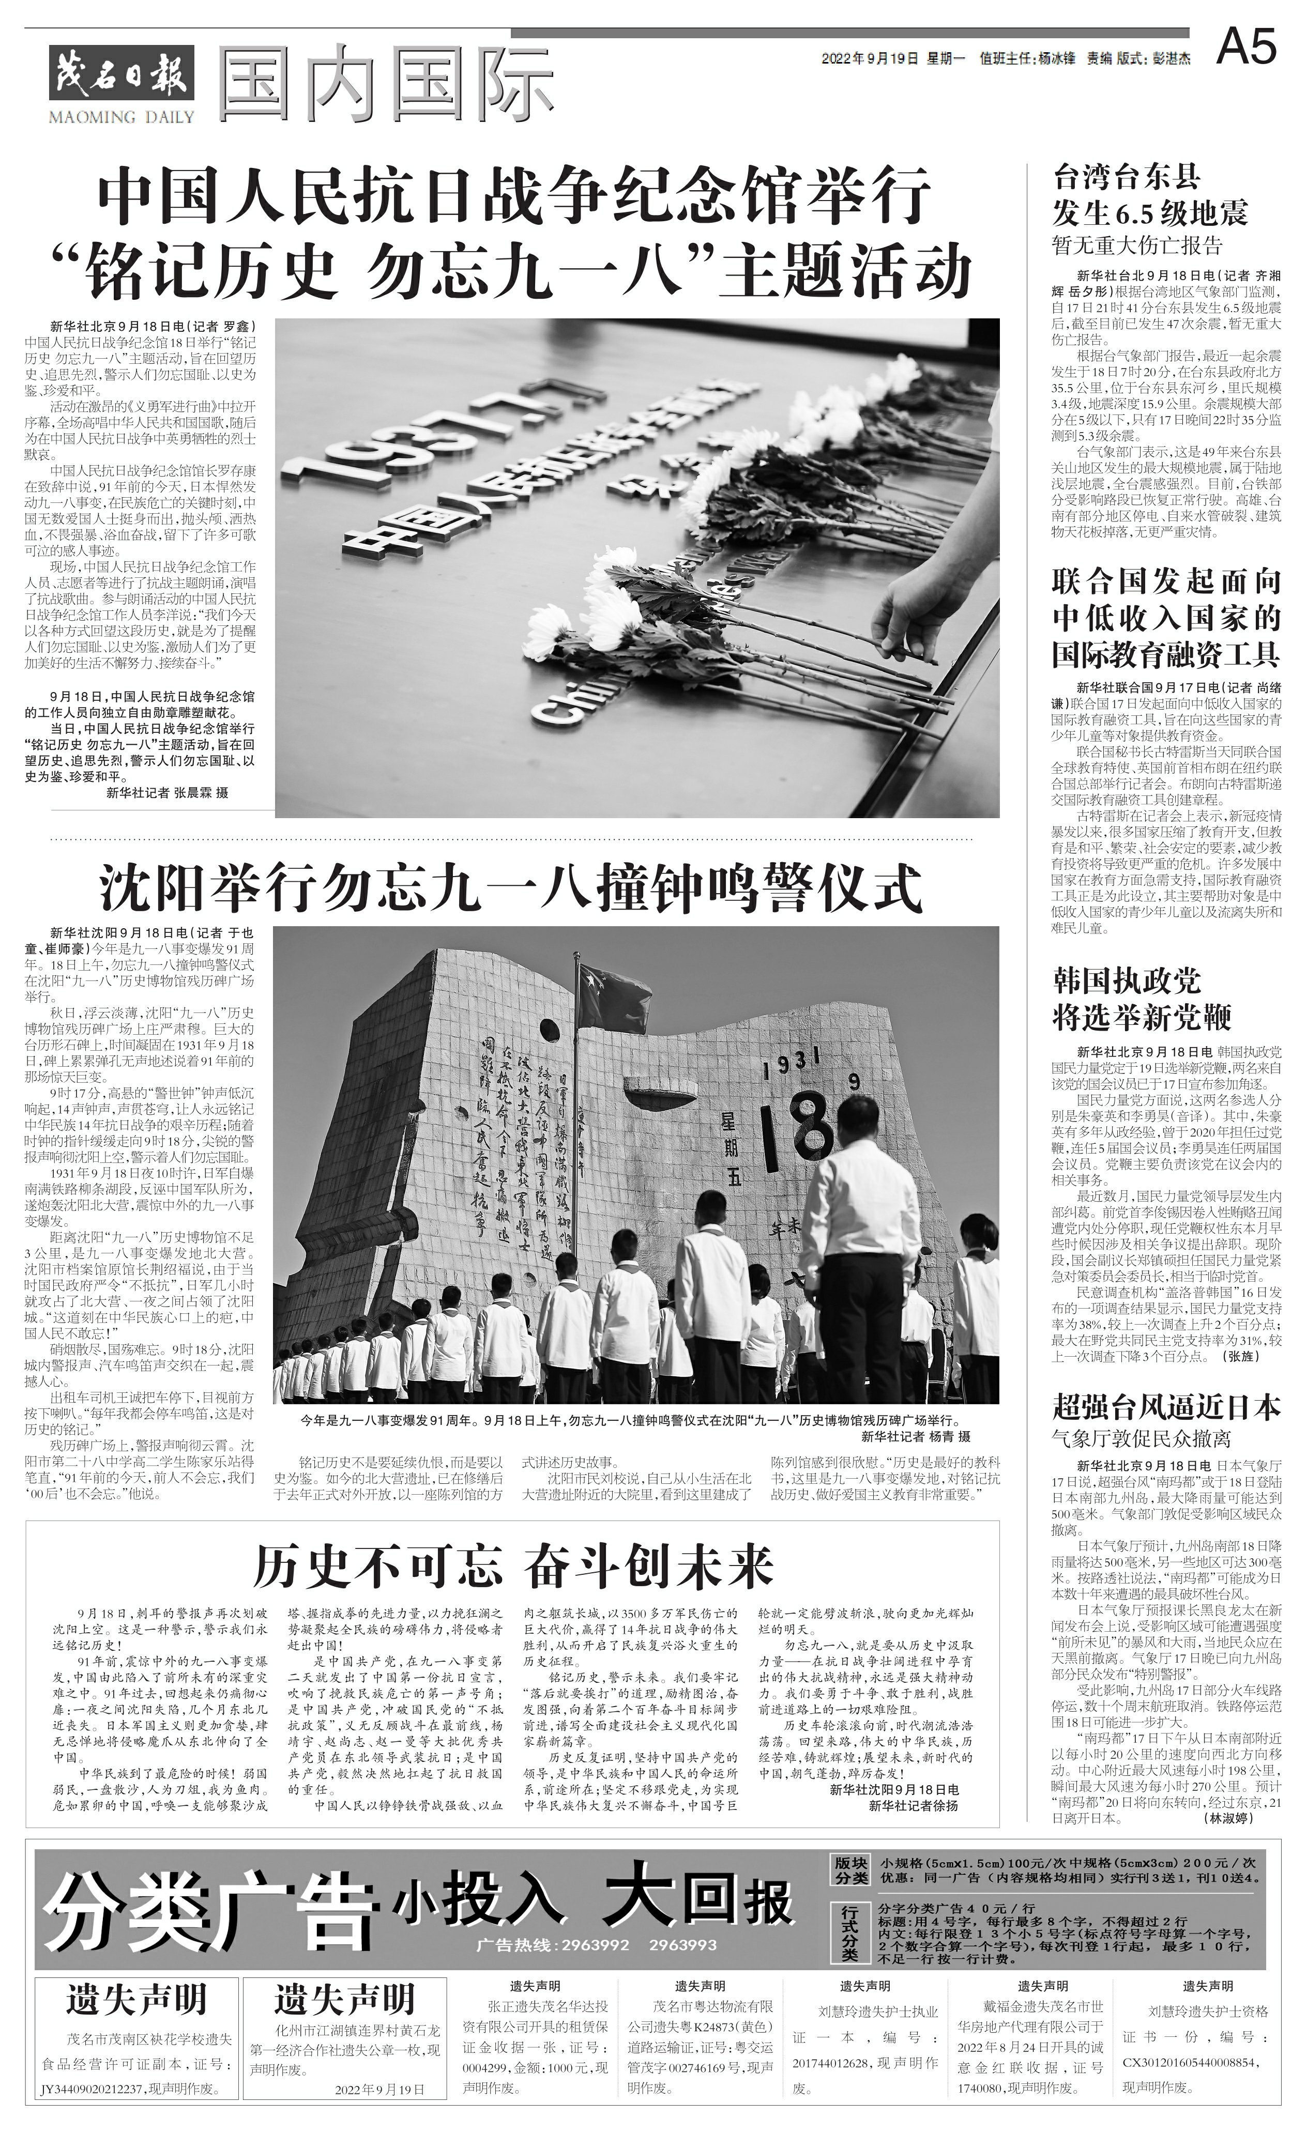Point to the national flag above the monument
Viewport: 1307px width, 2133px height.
click(614, 991)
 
